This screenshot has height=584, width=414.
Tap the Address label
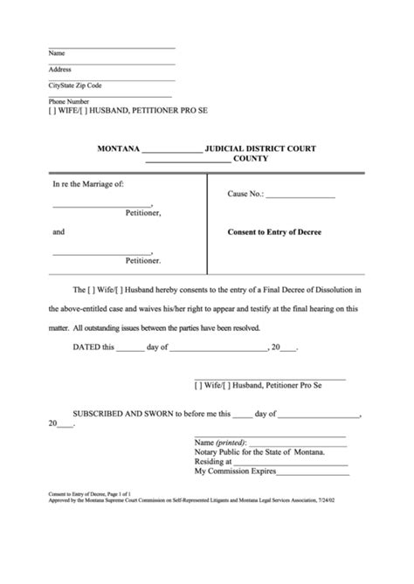(60, 68)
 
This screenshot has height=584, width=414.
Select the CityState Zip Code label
(76, 85)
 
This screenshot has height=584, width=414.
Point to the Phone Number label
(68, 101)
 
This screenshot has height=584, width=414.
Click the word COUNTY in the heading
(252, 160)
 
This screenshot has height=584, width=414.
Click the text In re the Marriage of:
(88, 184)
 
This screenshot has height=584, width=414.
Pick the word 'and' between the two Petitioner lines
(59, 233)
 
